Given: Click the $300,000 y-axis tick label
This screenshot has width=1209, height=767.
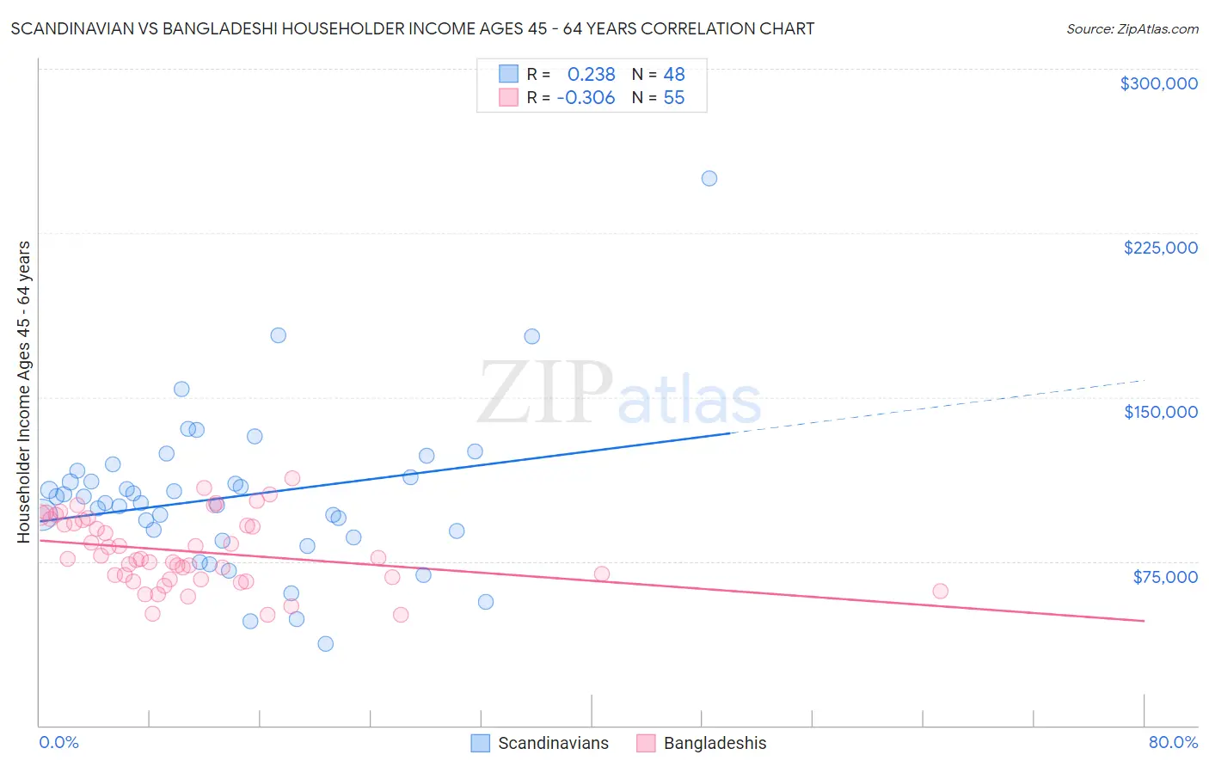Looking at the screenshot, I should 1158,83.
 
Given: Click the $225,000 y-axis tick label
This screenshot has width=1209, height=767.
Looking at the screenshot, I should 1160,248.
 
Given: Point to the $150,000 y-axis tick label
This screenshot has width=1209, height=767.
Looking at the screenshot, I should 1160,412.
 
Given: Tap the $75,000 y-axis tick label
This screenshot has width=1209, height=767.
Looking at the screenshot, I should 1164,577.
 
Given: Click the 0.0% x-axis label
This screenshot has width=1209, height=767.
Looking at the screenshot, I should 58,742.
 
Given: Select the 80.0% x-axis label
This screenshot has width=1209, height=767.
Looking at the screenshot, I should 1173,742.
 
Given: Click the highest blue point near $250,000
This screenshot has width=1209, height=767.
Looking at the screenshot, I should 709,179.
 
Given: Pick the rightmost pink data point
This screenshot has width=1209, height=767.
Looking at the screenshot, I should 940,591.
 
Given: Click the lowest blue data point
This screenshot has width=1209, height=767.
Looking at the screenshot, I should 325,643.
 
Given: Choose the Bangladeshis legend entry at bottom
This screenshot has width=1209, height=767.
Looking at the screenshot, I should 715,743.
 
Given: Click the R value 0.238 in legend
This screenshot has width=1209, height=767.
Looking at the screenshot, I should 591,75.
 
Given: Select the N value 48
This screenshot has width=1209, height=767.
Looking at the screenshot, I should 674,75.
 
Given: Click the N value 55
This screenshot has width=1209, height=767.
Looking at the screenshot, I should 674,98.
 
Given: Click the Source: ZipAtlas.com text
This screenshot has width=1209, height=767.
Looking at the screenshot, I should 1132,29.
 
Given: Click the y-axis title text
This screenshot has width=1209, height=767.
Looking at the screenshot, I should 23,391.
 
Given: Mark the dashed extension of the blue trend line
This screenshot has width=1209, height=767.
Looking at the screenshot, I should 937,406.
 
